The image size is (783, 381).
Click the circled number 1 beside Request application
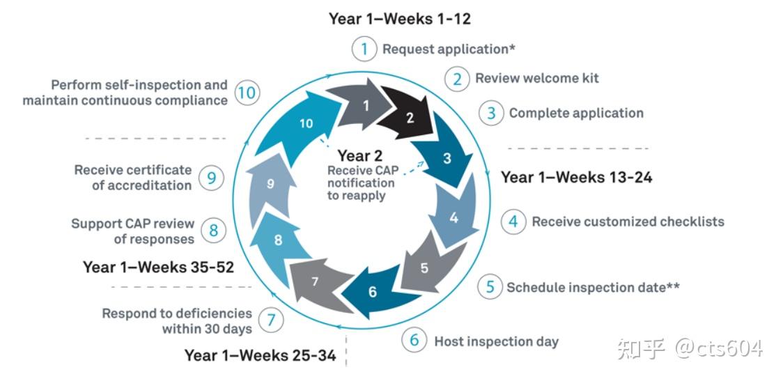pos(364,49)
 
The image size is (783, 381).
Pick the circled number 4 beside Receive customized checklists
pos(513,221)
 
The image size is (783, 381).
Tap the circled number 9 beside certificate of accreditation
pos(211,178)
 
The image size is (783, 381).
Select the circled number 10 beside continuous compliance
pos(247,93)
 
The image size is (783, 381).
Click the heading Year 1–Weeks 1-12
pos(399,19)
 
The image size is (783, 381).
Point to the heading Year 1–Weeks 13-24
pos(577,178)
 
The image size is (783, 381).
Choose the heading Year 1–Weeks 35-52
pos(158,267)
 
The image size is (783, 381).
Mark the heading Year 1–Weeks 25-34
pos(260,355)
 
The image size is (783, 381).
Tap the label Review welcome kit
pos(537,79)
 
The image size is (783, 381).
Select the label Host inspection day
pos(497,341)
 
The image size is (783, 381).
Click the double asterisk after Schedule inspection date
pos(673,286)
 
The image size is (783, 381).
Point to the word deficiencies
pos(215,313)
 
